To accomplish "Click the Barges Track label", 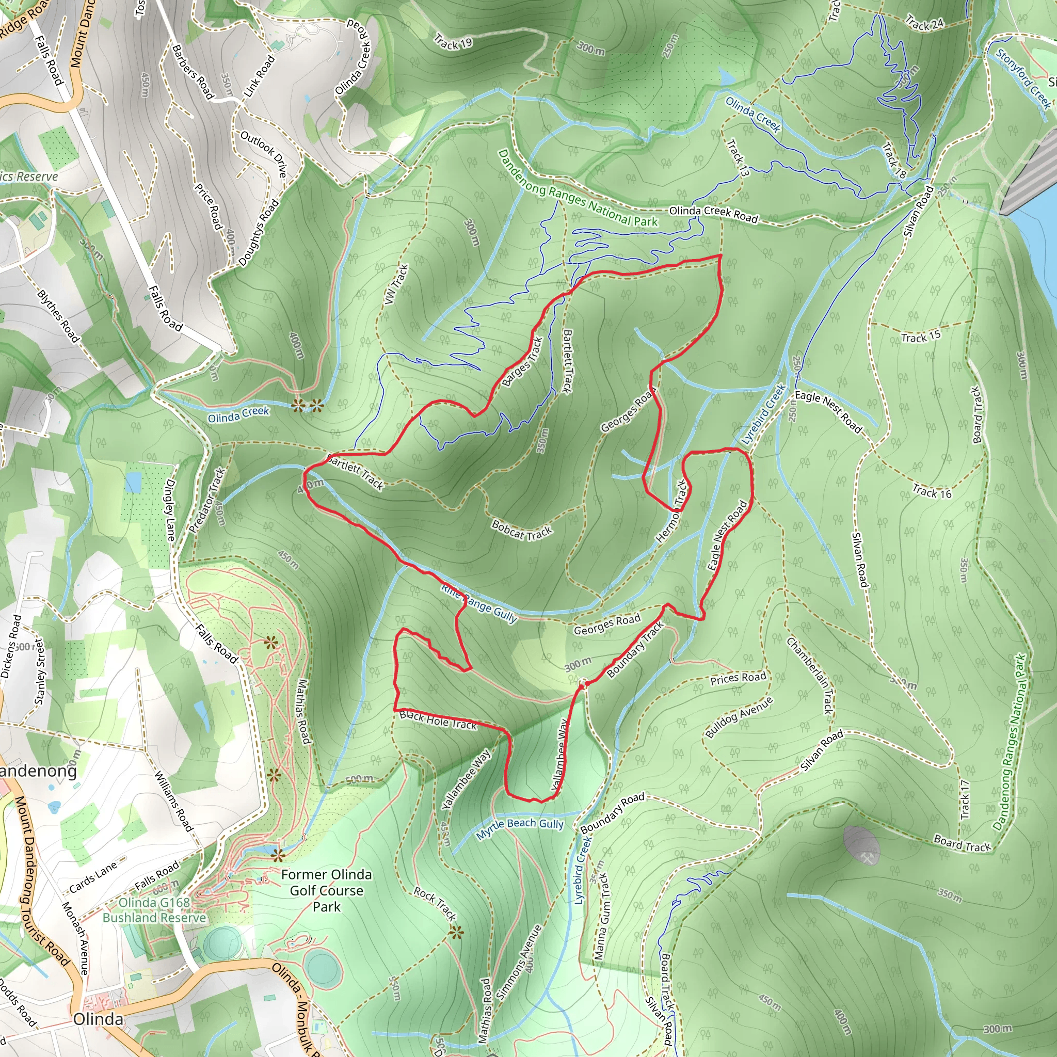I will (x=522, y=362).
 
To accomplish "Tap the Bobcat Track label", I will (x=522, y=530).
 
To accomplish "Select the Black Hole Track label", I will (x=438, y=720).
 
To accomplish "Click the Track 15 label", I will (x=921, y=337).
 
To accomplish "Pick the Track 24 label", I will (x=924, y=24).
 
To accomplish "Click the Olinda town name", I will (x=99, y=1019).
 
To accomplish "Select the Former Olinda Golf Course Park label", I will (x=327, y=890).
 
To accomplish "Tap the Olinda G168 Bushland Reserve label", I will (x=155, y=910).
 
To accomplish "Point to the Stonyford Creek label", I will (x=1023, y=78).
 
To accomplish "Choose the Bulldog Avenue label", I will (x=739, y=717).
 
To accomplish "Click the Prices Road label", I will (x=738, y=678).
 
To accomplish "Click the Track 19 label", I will (x=453, y=42).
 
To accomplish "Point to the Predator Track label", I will (x=207, y=500).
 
